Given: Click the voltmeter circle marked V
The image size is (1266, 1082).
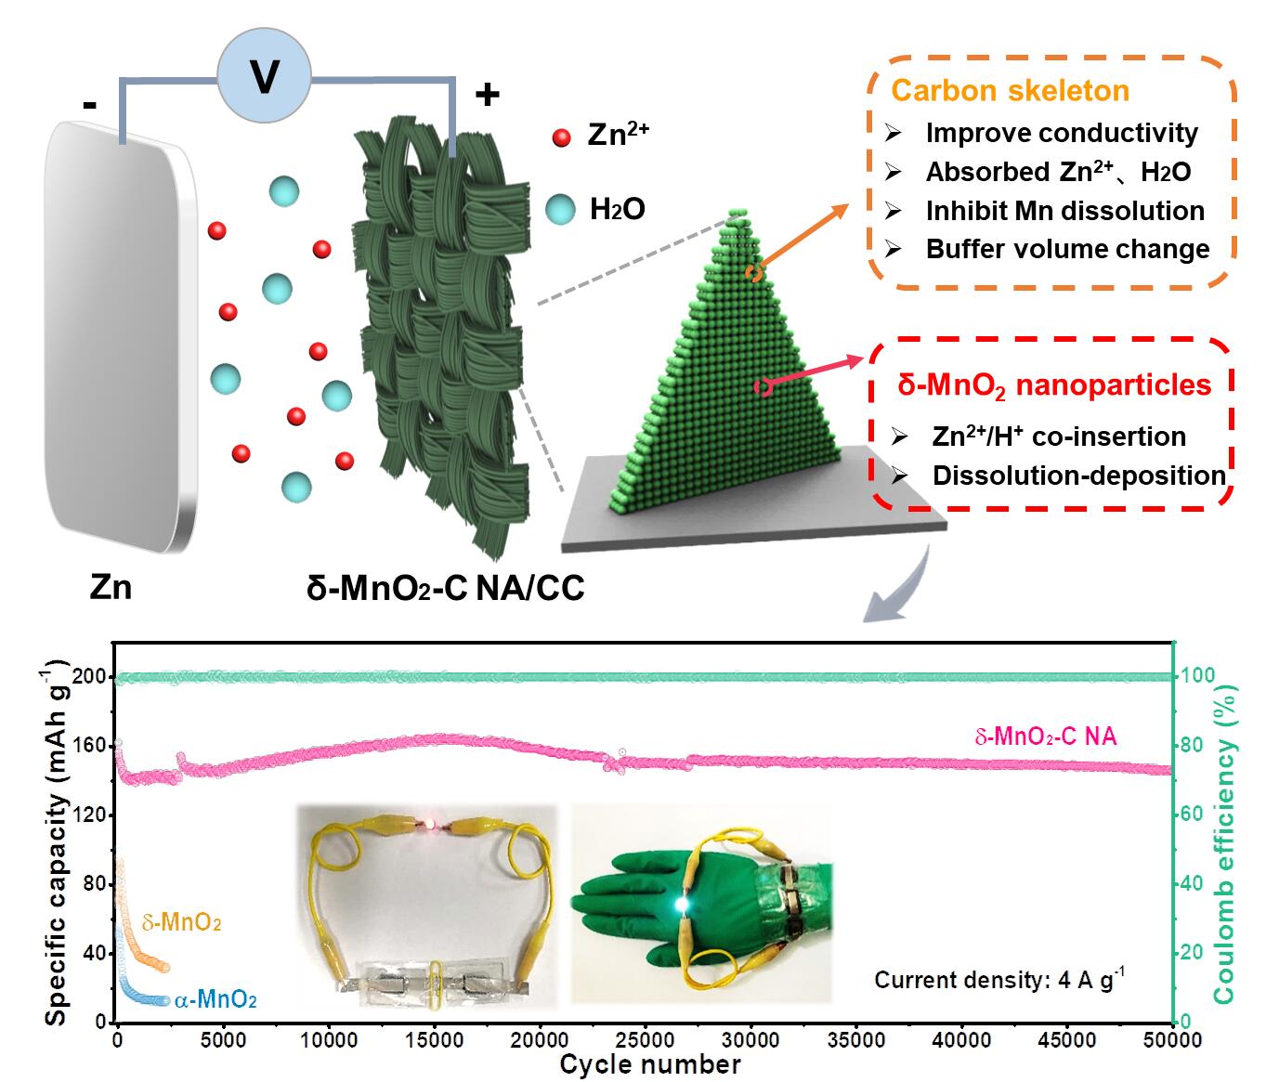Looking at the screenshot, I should pyautogui.click(x=265, y=77).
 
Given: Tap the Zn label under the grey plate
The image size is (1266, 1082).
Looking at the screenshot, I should pyautogui.click(x=111, y=587).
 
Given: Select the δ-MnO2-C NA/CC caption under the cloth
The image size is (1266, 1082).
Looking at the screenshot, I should pyautogui.click(x=445, y=588).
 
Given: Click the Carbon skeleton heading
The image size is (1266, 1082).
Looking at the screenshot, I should pyautogui.click(x=1010, y=91).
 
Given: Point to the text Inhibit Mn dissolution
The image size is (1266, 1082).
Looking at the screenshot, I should pyautogui.click(x=1064, y=211).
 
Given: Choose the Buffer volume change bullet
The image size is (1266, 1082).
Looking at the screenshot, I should pyautogui.click(x=1067, y=250).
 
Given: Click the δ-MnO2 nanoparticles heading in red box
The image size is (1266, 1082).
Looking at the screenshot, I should pyautogui.click(x=1054, y=385).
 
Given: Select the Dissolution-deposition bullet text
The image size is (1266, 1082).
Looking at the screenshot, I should pyautogui.click(x=1079, y=476).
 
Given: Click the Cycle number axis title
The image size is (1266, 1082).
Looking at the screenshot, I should pyautogui.click(x=649, y=1064).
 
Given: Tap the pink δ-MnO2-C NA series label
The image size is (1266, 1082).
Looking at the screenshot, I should pyautogui.click(x=1045, y=737).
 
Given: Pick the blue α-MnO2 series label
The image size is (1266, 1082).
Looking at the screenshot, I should pyautogui.click(x=216, y=1000).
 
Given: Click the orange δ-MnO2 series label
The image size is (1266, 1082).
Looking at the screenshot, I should pyautogui.click(x=181, y=924).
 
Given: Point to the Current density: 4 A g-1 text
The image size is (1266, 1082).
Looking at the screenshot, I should pyautogui.click(x=998, y=979).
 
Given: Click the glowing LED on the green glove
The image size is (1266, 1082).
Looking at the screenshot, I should pyautogui.click(x=683, y=903).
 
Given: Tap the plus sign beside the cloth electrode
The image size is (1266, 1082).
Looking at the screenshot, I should pyautogui.click(x=488, y=94).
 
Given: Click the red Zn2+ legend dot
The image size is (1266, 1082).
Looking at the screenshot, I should pyautogui.click(x=560, y=138).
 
